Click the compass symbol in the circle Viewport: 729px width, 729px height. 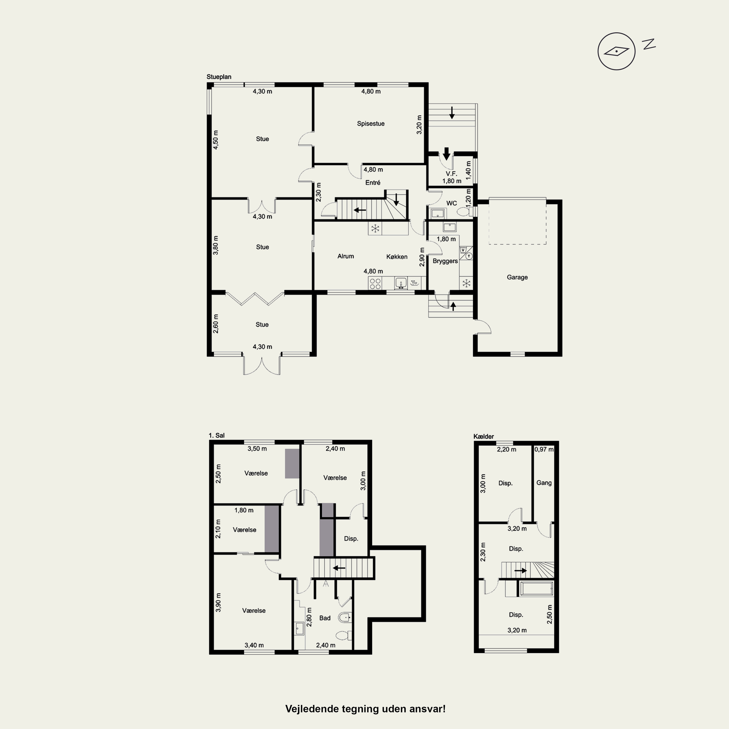[x=616, y=51]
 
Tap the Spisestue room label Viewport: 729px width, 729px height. [x=371, y=123]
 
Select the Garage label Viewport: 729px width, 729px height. [x=517, y=277]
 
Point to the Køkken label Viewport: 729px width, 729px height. [x=397, y=257]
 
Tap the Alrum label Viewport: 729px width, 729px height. [x=346, y=256]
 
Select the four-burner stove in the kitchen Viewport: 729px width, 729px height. [x=375, y=283]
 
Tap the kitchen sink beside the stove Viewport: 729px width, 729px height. [x=401, y=283]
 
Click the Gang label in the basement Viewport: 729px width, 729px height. [x=544, y=483]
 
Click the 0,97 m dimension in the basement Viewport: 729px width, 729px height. [x=544, y=449]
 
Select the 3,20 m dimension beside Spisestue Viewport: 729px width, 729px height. [x=419, y=124]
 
